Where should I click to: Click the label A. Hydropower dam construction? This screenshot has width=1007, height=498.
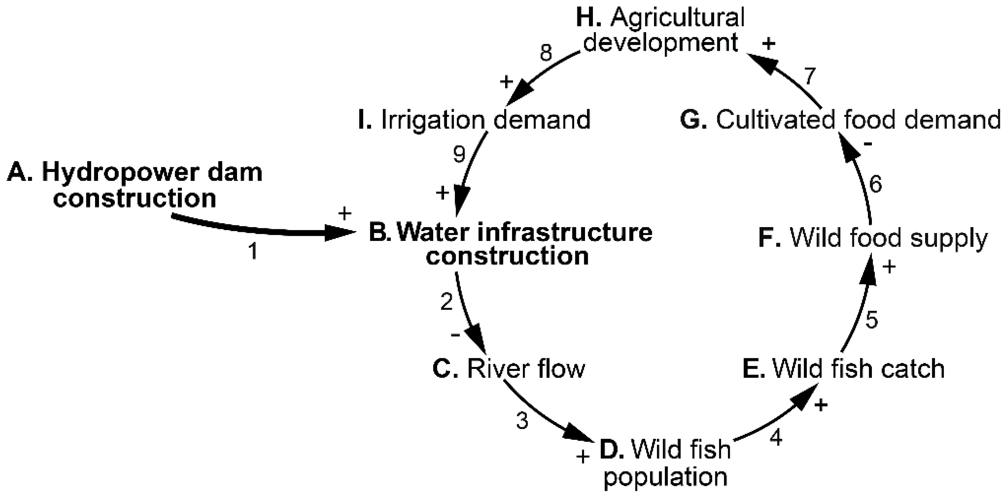click(x=135, y=186)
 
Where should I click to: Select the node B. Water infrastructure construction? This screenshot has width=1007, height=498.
click(x=510, y=244)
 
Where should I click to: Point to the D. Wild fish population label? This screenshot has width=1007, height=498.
click(x=664, y=463)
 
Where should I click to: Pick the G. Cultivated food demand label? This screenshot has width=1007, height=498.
click(x=840, y=120)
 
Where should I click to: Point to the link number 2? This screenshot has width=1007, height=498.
click(x=447, y=302)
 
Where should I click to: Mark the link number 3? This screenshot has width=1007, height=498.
click(x=522, y=421)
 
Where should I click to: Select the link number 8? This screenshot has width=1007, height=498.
click(x=546, y=53)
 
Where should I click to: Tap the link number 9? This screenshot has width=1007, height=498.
click(x=459, y=154)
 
